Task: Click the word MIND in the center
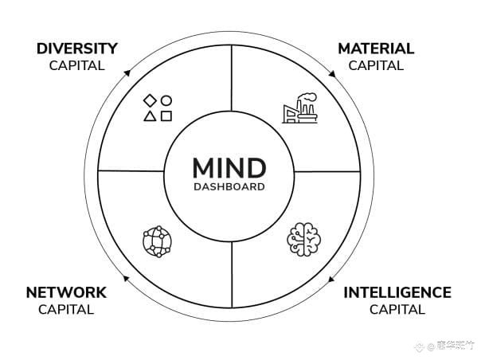click(x=229, y=169)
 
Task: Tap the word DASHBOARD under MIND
click(x=229, y=188)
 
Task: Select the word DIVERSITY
click(x=76, y=49)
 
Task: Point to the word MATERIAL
click(x=376, y=49)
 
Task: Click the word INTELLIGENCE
click(x=397, y=292)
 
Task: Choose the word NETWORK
click(x=66, y=292)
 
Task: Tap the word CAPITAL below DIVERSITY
click(x=76, y=65)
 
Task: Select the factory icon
click(x=299, y=110)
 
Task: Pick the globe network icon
click(x=156, y=240)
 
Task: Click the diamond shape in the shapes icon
click(x=149, y=100)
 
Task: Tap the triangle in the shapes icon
click(x=149, y=116)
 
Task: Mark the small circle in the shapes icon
click(x=166, y=100)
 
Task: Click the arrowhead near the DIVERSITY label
click(x=126, y=73)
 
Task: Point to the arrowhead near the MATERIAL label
click(x=333, y=72)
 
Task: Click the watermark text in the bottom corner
click(x=454, y=346)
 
